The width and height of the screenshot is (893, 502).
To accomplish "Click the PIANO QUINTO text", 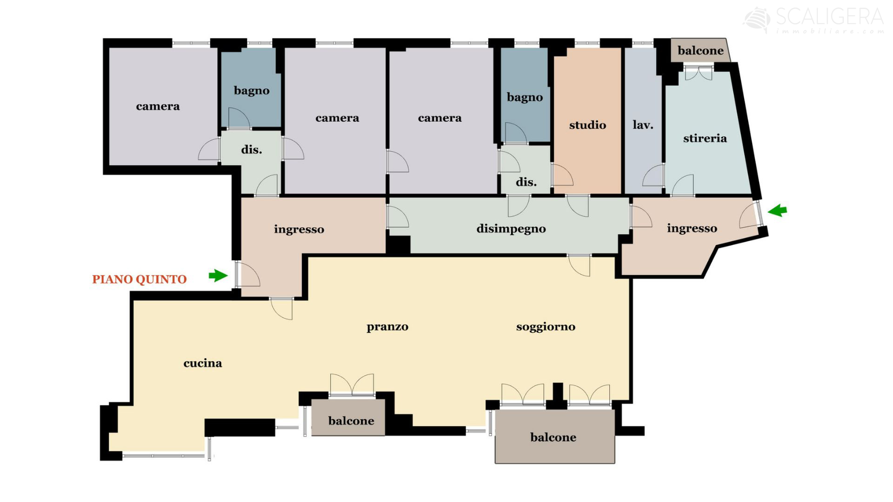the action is (x=139, y=279).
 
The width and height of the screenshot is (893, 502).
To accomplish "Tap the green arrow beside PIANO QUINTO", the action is (x=218, y=275).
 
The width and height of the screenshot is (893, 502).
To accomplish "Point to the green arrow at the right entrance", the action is (x=777, y=211).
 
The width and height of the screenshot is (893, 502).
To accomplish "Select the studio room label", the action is (x=587, y=125).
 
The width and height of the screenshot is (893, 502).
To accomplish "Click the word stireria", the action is (x=705, y=138).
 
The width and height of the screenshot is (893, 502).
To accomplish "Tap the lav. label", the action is (x=643, y=125).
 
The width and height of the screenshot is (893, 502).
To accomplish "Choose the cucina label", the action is (x=202, y=363).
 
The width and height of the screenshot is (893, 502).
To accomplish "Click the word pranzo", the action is (x=387, y=327).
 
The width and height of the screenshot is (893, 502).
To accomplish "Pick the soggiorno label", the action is (x=546, y=327).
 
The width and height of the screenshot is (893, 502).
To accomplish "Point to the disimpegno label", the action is (x=511, y=229).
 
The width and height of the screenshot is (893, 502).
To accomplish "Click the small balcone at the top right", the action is (x=700, y=51).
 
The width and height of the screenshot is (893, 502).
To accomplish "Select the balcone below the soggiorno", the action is (x=553, y=437).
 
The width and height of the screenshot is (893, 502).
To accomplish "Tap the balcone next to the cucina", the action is (x=351, y=421).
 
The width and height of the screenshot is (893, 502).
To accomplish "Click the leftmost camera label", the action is (x=158, y=106).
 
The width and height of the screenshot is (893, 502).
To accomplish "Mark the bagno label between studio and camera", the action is (x=525, y=98).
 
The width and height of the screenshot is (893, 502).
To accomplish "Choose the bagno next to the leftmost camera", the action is (x=251, y=91).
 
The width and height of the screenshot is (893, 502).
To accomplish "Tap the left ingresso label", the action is (x=299, y=229).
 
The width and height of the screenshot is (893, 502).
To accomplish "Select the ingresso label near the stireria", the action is (x=692, y=228).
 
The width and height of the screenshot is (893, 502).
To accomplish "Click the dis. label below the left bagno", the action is (x=251, y=150).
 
